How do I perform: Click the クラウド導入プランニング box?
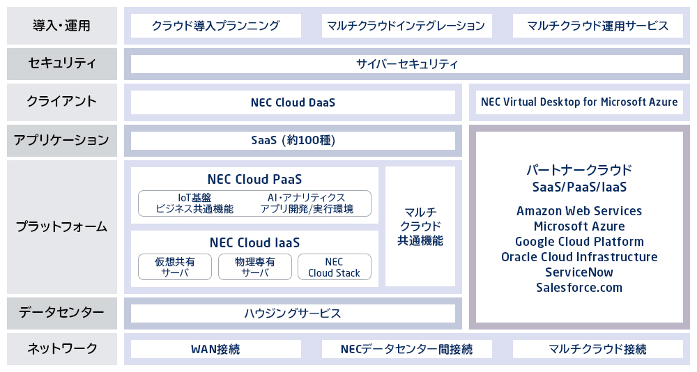pos(215,26)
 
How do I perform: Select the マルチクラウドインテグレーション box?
pos(407,26)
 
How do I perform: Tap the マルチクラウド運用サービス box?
pos(598,26)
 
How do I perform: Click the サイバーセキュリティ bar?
pos(407,64)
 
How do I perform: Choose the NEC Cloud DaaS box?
pos(293,102)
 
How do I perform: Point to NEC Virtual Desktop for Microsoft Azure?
pos(579,102)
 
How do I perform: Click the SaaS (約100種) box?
pos(293,141)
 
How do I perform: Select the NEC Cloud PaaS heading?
pos(254,179)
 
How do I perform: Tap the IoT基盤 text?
pos(194,197)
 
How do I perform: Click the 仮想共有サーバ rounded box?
pos(175,267)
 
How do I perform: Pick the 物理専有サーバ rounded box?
pos(254,267)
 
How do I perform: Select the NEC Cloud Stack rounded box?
pos(335,267)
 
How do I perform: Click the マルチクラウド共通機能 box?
pos(420,226)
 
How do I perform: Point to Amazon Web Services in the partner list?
pos(579,210)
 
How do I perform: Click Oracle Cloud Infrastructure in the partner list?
pos(579,257)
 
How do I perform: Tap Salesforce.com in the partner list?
pos(579,288)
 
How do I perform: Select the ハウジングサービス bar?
pos(293,313)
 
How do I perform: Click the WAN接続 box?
pos(215,349)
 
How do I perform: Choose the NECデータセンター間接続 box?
pos(407,349)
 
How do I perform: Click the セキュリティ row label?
pos(62,64)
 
